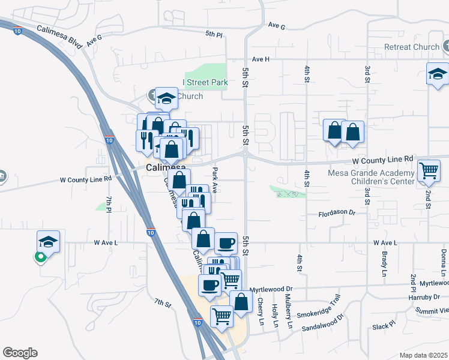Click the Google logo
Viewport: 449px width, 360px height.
coord(20,353)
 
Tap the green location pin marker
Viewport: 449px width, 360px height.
coord(40,257)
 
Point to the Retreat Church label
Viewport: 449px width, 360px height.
coord(412,47)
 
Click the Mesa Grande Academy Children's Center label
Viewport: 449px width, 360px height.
coord(371,178)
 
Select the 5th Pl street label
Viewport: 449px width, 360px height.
coord(214,34)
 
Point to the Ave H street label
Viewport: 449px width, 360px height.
coord(261,59)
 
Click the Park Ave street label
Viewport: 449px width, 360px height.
coord(214,179)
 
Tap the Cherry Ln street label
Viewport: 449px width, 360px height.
coord(261,314)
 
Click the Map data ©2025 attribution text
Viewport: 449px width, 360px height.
coord(424,355)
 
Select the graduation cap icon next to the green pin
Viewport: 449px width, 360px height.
coord(48,241)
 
